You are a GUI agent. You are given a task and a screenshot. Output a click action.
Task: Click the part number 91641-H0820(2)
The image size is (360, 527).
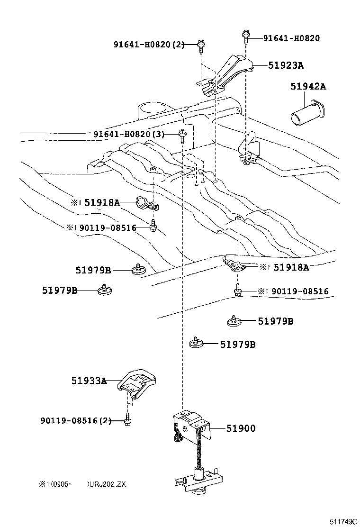coord(148,45)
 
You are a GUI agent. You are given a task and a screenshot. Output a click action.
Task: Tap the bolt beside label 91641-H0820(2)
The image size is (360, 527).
coord(202,45)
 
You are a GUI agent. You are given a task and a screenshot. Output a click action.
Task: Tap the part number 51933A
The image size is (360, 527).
coord(89,380)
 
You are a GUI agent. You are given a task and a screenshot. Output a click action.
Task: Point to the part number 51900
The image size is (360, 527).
coord(241,428)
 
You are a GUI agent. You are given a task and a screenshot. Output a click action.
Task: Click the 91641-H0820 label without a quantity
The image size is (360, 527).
coord(285,38)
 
